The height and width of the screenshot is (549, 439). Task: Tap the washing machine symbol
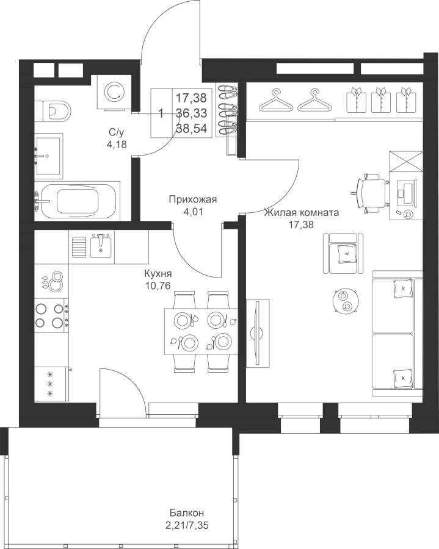coord(115,91)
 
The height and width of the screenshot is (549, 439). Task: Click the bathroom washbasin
coord(49,156)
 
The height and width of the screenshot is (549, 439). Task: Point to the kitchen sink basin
coord(101,245)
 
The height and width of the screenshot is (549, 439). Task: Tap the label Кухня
coord(158,273)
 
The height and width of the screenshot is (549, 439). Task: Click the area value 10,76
coord(158,285)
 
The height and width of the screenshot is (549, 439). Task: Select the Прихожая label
coord(193,199)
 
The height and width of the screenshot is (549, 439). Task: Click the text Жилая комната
coord(302,212)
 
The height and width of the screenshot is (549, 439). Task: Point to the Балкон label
coord(187,513)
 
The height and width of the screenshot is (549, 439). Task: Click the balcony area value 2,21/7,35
coord(189,526)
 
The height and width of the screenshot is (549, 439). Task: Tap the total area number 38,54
coord(191,129)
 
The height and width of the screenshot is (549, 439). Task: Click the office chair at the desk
coord(371,193)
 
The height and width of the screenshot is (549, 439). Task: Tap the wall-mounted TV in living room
coord(258,333)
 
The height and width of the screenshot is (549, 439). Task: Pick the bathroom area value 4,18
coord(117,144)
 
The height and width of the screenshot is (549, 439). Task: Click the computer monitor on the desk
coord(407,192)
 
